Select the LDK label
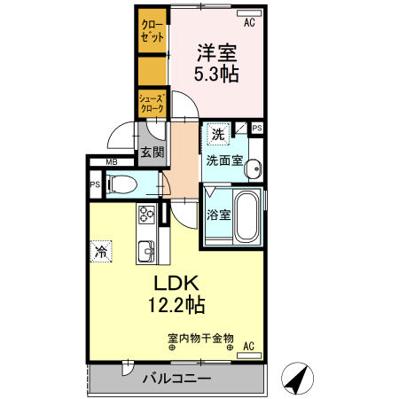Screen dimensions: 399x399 click(176, 286)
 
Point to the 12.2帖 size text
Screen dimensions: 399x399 click(176, 306)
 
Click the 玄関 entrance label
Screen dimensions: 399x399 click(152, 153)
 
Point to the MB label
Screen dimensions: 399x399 click(112, 162)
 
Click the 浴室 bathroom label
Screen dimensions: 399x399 click(218, 215)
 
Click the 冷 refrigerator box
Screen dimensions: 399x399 click(103, 251)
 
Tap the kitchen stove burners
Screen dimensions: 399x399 click(145, 214)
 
